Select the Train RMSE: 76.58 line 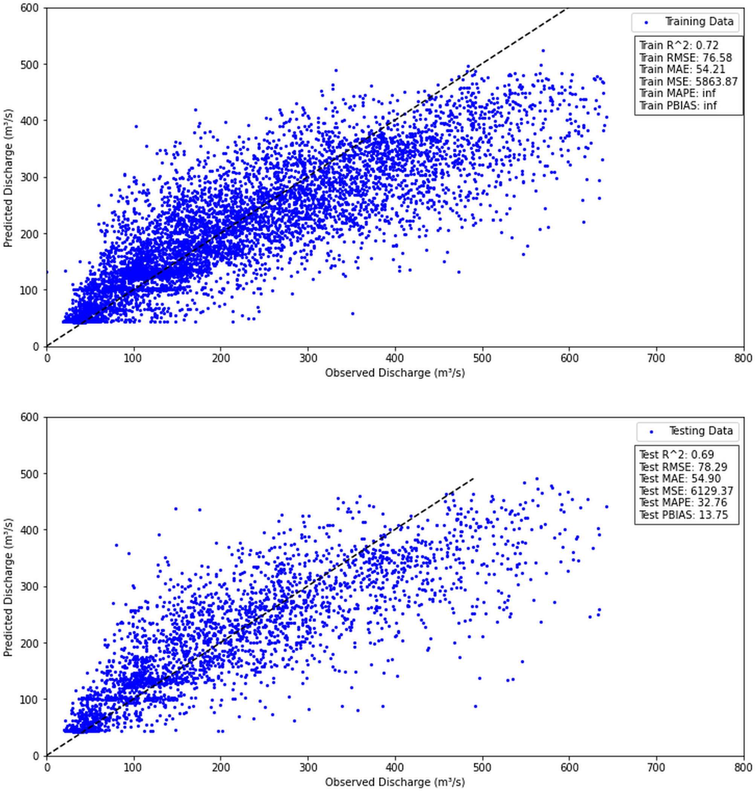coord(686,58)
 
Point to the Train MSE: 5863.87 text coord(688,82)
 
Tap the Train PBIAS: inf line coord(678,105)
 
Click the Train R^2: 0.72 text coord(679,46)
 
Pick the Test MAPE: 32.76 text coord(683,503)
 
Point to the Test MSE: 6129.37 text coord(686,491)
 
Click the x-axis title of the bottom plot coord(395,782)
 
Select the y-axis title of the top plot coord(8,178)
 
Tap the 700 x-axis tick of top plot coord(657,358)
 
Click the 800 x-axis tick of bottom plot coord(743,768)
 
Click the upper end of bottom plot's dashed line coord(473,478)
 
